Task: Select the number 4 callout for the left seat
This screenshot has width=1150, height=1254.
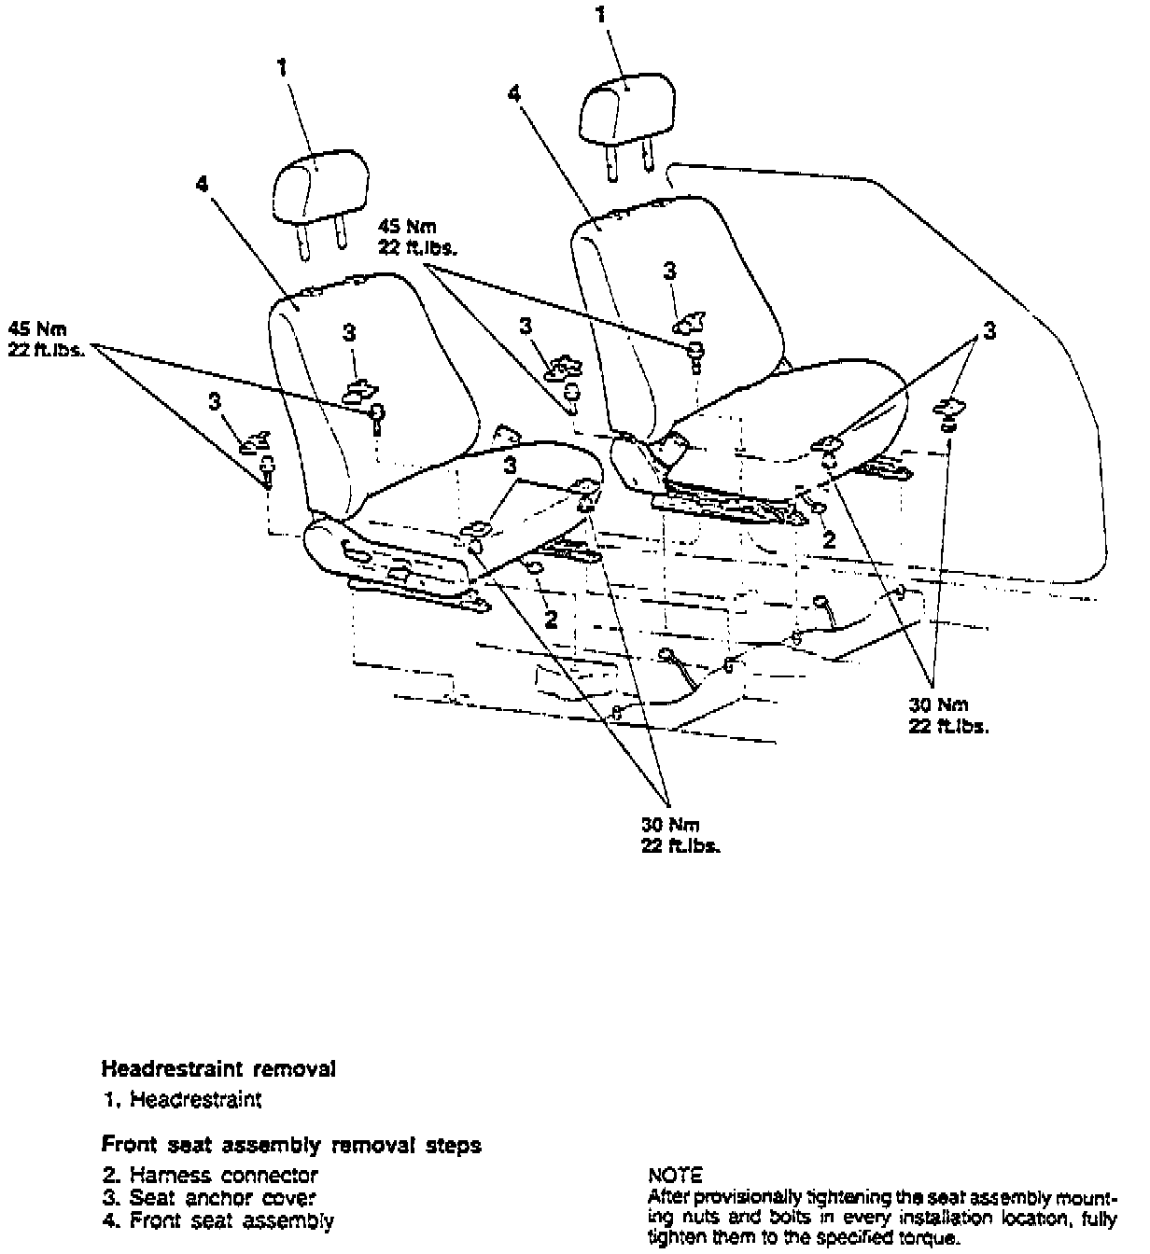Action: click(203, 185)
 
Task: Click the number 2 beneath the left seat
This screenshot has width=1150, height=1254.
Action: click(552, 619)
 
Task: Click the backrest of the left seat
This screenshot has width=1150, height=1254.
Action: click(392, 373)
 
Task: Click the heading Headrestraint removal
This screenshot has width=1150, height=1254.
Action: click(218, 1068)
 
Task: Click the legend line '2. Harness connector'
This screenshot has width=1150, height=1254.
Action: click(210, 1176)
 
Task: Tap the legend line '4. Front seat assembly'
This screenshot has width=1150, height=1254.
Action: click(217, 1219)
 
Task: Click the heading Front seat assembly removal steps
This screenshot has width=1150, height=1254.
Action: click(291, 1145)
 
